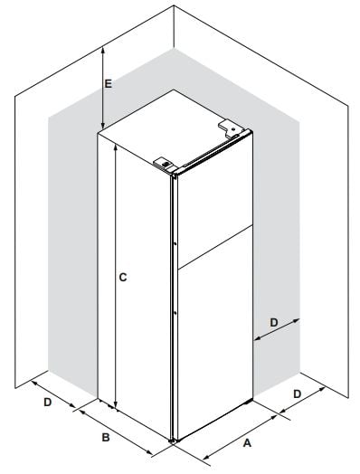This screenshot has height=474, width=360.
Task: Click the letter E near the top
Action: coord(108,84)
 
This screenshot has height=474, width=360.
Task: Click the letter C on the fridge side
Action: coord(123,277)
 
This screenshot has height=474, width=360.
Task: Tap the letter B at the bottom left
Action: coord(106,437)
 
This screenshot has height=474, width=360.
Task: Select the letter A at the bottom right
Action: coord(247,443)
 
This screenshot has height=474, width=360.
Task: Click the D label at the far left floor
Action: coord(48,402)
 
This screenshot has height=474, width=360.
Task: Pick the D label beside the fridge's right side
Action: coord(273,323)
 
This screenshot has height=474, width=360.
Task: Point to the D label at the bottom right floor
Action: coord(298,393)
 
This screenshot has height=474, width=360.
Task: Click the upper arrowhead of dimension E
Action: coord(103,51)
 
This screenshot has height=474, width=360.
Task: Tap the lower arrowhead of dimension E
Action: coord(103,126)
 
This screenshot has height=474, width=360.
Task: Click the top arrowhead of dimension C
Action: coord(115,147)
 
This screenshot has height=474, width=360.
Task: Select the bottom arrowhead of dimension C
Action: coord(115,405)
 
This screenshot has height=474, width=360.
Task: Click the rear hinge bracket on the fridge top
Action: coord(231,128)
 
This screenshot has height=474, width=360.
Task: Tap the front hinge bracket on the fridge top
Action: coord(165,164)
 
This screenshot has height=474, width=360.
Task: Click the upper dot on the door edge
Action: coord(175,243)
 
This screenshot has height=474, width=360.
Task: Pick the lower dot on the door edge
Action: coord(175,313)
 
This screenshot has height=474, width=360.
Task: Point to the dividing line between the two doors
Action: coord(215,247)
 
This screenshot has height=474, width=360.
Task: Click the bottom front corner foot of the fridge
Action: coord(173,441)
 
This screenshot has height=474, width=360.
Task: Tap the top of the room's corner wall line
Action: coord(174,6)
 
